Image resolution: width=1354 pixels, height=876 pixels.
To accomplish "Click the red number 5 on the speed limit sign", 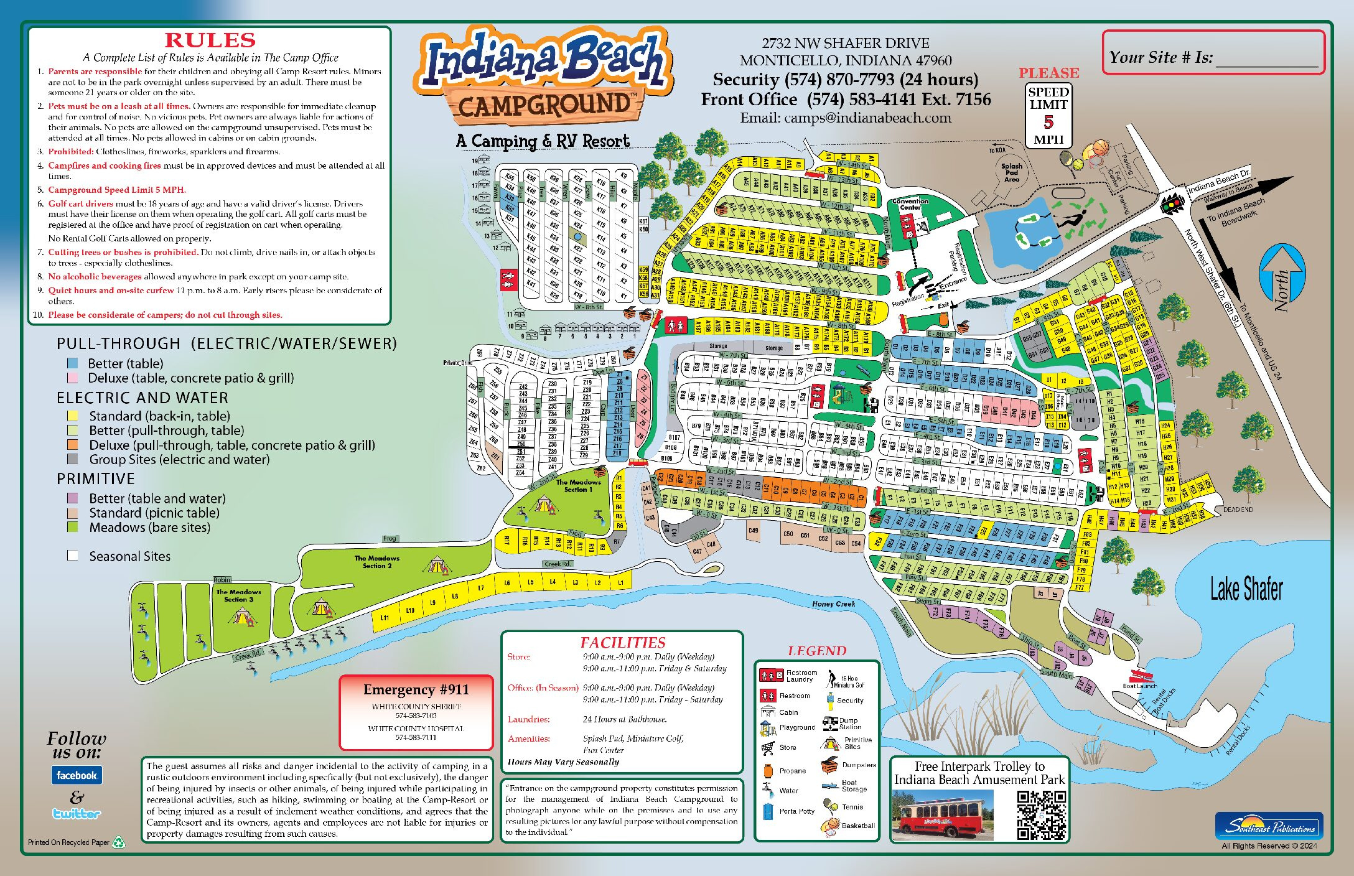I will (x=1048, y=122).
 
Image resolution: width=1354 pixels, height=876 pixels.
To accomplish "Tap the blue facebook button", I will (x=77, y=775).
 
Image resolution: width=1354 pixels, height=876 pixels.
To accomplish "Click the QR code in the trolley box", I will (x=1041, y=815).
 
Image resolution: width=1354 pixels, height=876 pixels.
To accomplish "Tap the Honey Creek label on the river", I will (x=833, y=604).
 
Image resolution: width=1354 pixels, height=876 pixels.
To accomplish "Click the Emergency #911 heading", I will (x=416, y=689).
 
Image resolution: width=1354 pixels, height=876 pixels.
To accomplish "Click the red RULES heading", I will (x=210, y=40).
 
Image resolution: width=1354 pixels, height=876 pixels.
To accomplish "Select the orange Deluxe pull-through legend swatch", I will (x=73, y=445).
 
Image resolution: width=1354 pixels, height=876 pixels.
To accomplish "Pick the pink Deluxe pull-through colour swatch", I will (x=72, y=378).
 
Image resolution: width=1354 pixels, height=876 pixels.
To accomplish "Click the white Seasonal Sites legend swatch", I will (x=73, y=556).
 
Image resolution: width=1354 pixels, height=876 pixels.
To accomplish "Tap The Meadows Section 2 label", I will (x=376, y=562).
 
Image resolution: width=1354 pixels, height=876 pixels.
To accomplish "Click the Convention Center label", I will (x=910, y=204).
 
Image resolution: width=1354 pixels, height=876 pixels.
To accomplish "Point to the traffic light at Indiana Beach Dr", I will (x=1172, y=204).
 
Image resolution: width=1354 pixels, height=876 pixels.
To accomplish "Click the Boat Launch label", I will (x=1139, y=686).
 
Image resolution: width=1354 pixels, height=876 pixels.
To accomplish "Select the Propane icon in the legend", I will (x=768, y=771).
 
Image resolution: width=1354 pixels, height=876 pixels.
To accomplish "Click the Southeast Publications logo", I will (x=1269, y=826).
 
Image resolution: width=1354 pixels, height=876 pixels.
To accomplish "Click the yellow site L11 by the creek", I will (x=385, y=617).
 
